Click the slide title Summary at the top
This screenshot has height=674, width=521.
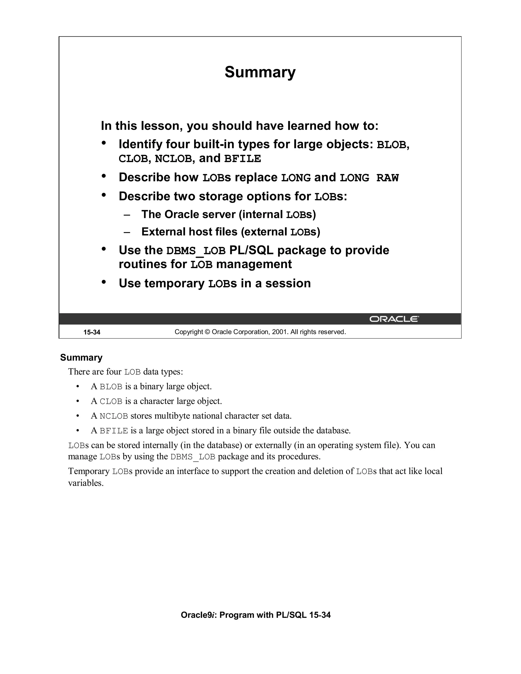tap(260, 72)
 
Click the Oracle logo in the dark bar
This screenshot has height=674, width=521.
tap(394, 319)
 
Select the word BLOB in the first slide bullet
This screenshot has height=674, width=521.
tap(391, 145)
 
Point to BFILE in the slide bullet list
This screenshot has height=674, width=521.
tap(242, 159)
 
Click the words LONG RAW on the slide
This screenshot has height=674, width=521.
tap(369, 178)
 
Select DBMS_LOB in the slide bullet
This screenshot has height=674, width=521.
tap(196, 251)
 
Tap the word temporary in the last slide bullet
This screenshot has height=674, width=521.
tap(174, 283)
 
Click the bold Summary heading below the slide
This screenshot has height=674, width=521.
tap(81, 357)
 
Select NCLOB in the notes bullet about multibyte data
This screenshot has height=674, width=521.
tap(113, 416)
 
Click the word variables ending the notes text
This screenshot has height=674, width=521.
tap(85, 483)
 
